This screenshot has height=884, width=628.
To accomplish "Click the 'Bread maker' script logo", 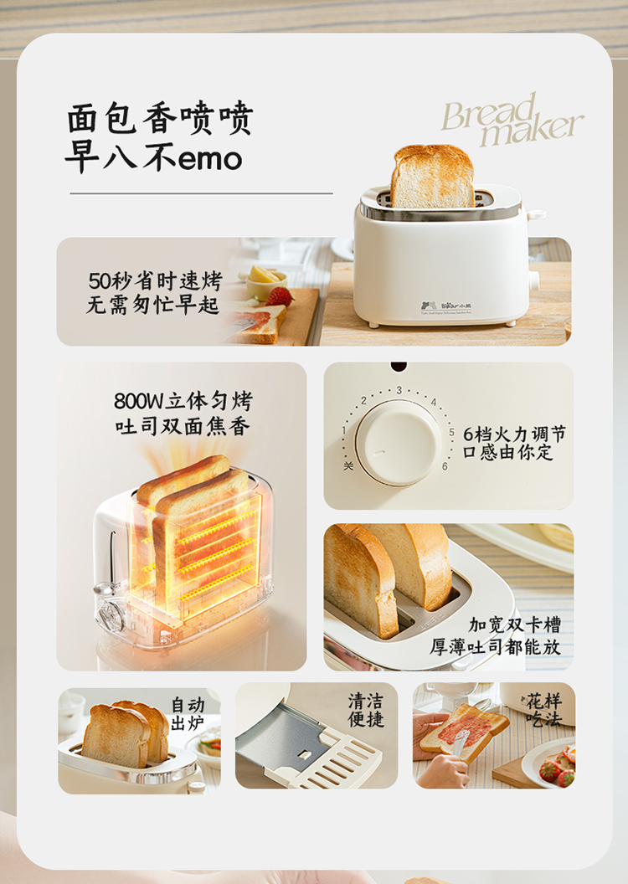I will pyautogui.click(x=512, y=121).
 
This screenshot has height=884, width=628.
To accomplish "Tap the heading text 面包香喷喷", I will pyautogui.click(x=159, y=120).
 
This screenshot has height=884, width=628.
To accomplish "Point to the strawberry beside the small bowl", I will pyautogui.click(x=280, y=296).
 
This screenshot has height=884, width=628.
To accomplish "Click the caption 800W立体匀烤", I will pyautogui.click(x=183, y=402).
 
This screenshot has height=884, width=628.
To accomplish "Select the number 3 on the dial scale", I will pyautogui.click(x=399, y=390).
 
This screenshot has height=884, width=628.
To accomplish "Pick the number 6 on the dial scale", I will pyautogui.click(x=445, y=466).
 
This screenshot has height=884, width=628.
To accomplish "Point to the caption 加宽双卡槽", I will pyautogui.click(x=514, y=624).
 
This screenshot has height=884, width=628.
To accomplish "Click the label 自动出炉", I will pyautogui.click(x=188, y=712).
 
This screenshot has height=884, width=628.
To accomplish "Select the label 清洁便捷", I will pyautogui.click(x=366, y=709).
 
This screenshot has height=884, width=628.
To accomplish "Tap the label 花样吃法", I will pyautogui.click(x=543, y=709).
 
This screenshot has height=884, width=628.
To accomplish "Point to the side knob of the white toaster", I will pyautogui.click(x=533, y=280).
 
